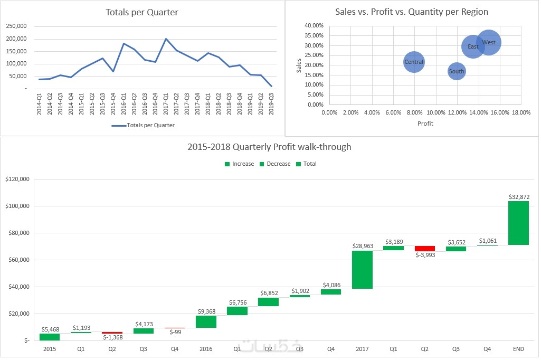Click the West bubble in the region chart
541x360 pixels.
tap(489, 42)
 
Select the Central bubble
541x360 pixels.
tap(414, 62)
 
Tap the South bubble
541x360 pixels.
tap(457, 71)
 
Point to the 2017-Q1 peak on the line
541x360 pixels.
tap(166, 39)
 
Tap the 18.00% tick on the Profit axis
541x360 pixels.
tap(521, 112)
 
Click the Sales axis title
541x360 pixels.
tap(299, 65)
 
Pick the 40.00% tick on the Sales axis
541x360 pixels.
tap(314, 25)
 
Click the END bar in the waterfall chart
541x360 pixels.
tap(518, 223)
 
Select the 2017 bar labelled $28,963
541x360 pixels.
tap(363, 269)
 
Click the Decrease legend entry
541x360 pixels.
tap(274, 164)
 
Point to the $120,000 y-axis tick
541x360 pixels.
tap(17, 179)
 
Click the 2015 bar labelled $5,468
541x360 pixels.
tap(50, 337)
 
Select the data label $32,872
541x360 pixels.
tap(518, 197)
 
